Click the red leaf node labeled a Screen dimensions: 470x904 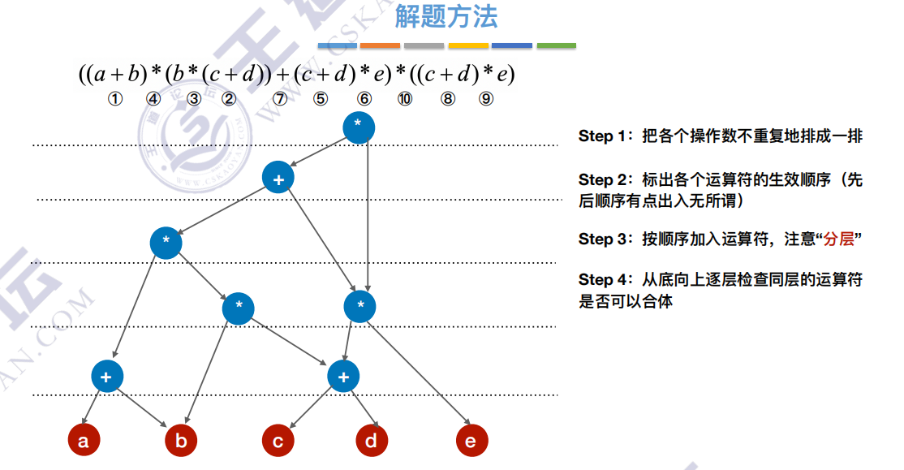83,441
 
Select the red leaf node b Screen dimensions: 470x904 181,441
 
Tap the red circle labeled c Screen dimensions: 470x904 278,441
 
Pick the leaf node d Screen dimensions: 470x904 372,441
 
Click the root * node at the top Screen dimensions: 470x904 359,128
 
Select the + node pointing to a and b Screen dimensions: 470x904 107,376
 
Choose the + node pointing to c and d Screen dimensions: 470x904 343,376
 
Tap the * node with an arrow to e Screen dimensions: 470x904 360,306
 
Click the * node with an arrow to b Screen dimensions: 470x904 239,307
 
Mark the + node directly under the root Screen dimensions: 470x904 278,178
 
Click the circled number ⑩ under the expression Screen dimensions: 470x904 404,99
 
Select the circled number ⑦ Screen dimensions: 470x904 280,99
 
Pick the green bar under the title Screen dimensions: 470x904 556,45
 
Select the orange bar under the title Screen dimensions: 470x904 381,45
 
